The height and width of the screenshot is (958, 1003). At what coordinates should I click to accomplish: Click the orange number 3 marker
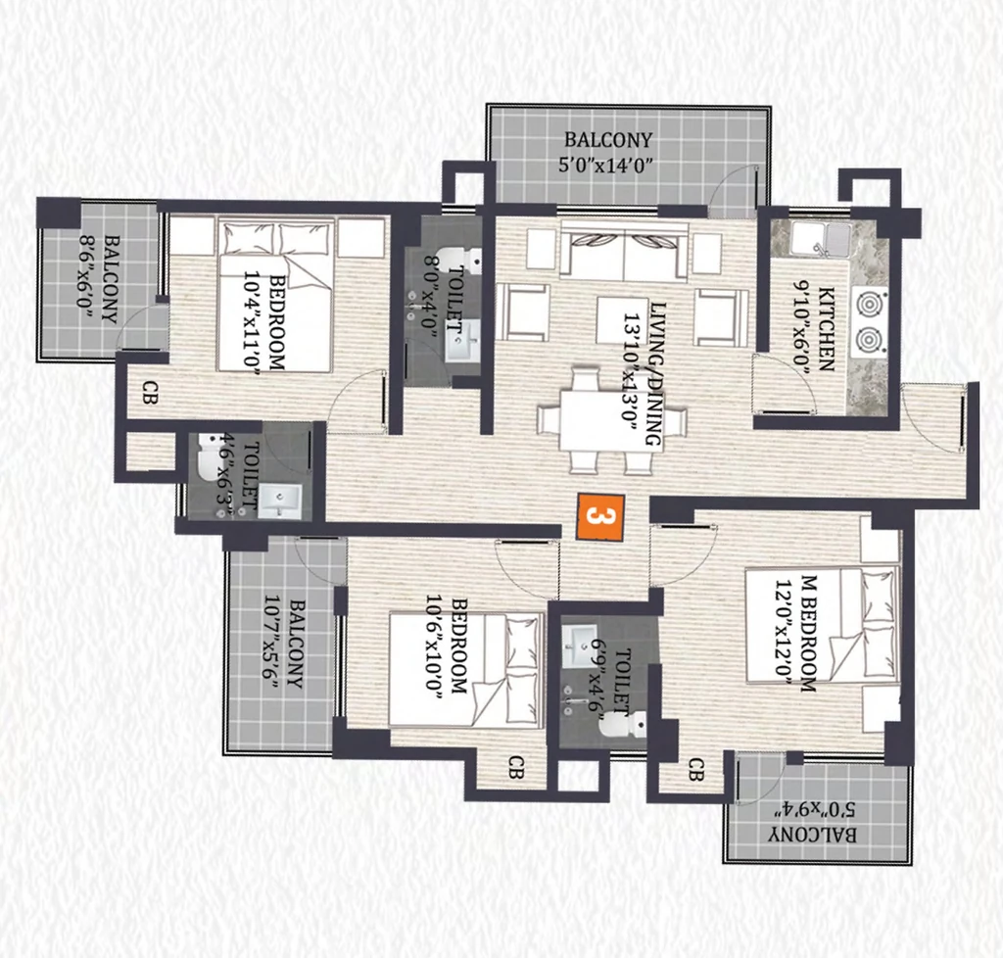(x=599, y=517)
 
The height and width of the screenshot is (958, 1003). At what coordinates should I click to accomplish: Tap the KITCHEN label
(x=827, y=329)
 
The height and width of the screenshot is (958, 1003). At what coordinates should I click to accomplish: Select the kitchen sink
(x=821, y=239)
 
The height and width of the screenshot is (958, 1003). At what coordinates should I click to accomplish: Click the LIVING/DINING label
(x=655, y=374)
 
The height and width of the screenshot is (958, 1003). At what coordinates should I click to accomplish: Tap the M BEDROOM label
(x=808, y=634)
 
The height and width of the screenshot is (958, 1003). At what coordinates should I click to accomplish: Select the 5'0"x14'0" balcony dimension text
(x=605, y=166)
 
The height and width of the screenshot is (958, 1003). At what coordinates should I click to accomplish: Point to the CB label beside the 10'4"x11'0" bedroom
(x=150, y=392)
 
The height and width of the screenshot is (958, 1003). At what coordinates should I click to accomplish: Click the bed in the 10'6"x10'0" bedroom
(x=465, y=670)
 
